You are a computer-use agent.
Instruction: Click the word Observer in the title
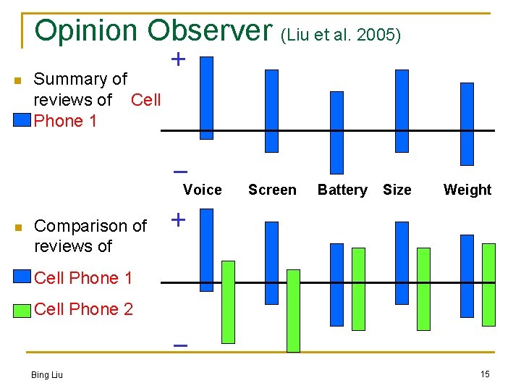point(207,30)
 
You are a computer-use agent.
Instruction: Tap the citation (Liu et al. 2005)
point(339,35)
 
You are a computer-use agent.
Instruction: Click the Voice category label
point(203,190)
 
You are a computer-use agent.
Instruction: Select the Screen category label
point(272,190)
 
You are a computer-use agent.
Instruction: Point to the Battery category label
point(342,190)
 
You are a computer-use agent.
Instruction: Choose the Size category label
point(397,190)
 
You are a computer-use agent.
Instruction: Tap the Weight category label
point(467,190)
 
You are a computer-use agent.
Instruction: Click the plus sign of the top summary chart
point(177,59)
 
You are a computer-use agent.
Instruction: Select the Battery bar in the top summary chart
point(336,133)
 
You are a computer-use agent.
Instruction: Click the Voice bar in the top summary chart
point(206,98)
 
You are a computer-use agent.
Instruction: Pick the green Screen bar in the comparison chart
point(293,311)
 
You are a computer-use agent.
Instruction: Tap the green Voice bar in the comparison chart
point(228,301)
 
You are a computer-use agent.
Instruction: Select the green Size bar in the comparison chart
point(423,288)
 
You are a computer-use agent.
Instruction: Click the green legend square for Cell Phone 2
point(25,309)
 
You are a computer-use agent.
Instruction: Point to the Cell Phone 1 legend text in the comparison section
point(83,278)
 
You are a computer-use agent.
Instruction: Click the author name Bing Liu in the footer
point(46,374)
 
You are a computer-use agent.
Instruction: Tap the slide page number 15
point(484,374)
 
